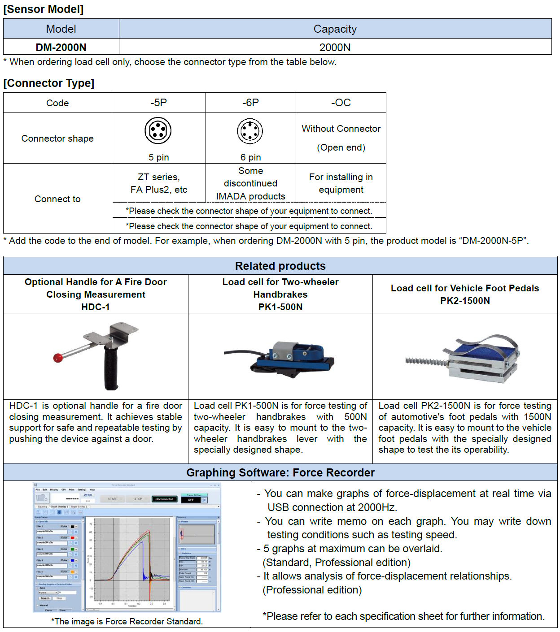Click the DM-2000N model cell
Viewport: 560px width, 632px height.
coord(61,47)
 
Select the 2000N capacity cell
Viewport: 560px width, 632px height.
coord(335,47)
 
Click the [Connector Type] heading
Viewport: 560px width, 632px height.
coord(49,83)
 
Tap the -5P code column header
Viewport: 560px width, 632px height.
coord(158,103)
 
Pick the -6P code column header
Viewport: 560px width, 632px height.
coord(250,103)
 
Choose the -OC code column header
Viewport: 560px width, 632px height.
coord(341,103)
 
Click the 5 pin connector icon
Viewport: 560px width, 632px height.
coord(158,130)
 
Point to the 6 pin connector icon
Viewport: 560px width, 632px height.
coord(250,131)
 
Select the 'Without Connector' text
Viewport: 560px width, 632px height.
coord(341,129)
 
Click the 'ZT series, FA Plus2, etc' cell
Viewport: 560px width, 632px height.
coord(159,183)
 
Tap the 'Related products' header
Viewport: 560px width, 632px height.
coord(280,266)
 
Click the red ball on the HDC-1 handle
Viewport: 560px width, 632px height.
coord(58,358)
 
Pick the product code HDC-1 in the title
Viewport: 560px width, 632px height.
coord(95,307)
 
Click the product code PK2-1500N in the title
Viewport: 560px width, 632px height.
coord(465,301)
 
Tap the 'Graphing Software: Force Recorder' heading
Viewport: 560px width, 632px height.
coord(280,472)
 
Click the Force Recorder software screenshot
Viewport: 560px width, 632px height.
coord(127,547)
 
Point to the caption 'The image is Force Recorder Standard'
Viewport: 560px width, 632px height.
coord(127,622)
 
